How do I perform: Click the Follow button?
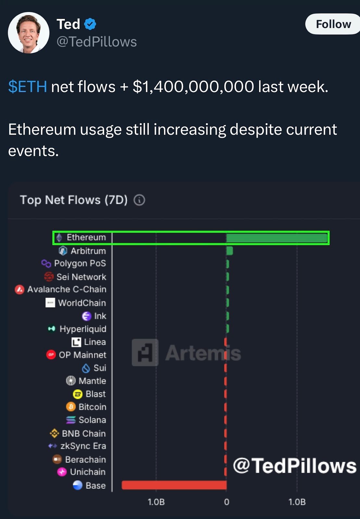coord(333,24)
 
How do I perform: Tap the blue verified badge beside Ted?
coord(90,24)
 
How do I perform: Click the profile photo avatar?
coord(29,33)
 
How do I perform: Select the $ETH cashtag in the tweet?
coord(28,87)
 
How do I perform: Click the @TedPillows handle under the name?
coord(97,42)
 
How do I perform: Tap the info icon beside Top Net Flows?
coord(139,200)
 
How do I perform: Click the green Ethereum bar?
coord(277,238)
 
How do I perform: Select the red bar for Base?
coord(174,485)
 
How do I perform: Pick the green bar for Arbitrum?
coord(230,251)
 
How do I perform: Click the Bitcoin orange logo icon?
coord(71,407)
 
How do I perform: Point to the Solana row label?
coord(92,420)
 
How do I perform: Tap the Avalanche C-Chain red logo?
coord(20,289)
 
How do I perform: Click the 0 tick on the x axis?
coord(227,502)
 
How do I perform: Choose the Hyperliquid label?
coord(83,329)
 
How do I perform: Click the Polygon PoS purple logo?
coord(46,263)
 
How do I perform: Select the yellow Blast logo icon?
coord(78,394)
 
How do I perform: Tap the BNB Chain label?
coord(83,433)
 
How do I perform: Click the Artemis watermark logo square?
coord(145,353)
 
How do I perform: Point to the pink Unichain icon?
coord(62,472)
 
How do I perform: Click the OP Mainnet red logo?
coord(51,355)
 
